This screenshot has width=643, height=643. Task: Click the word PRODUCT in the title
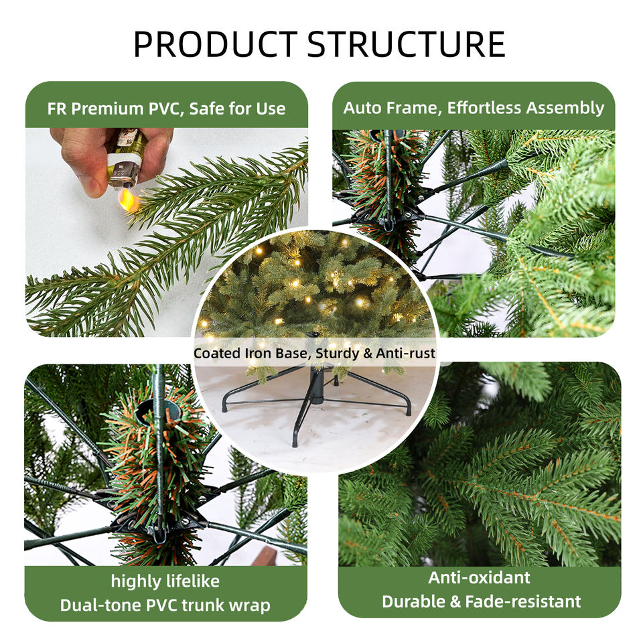215,44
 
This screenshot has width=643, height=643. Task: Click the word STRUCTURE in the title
406,44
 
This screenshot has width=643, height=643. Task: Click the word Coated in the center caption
217,353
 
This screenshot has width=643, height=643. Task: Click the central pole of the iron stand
316,386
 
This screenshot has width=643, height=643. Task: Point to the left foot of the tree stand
224,407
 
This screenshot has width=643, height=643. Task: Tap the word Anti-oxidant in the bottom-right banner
479,577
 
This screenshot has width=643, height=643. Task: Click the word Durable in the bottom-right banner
414,601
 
